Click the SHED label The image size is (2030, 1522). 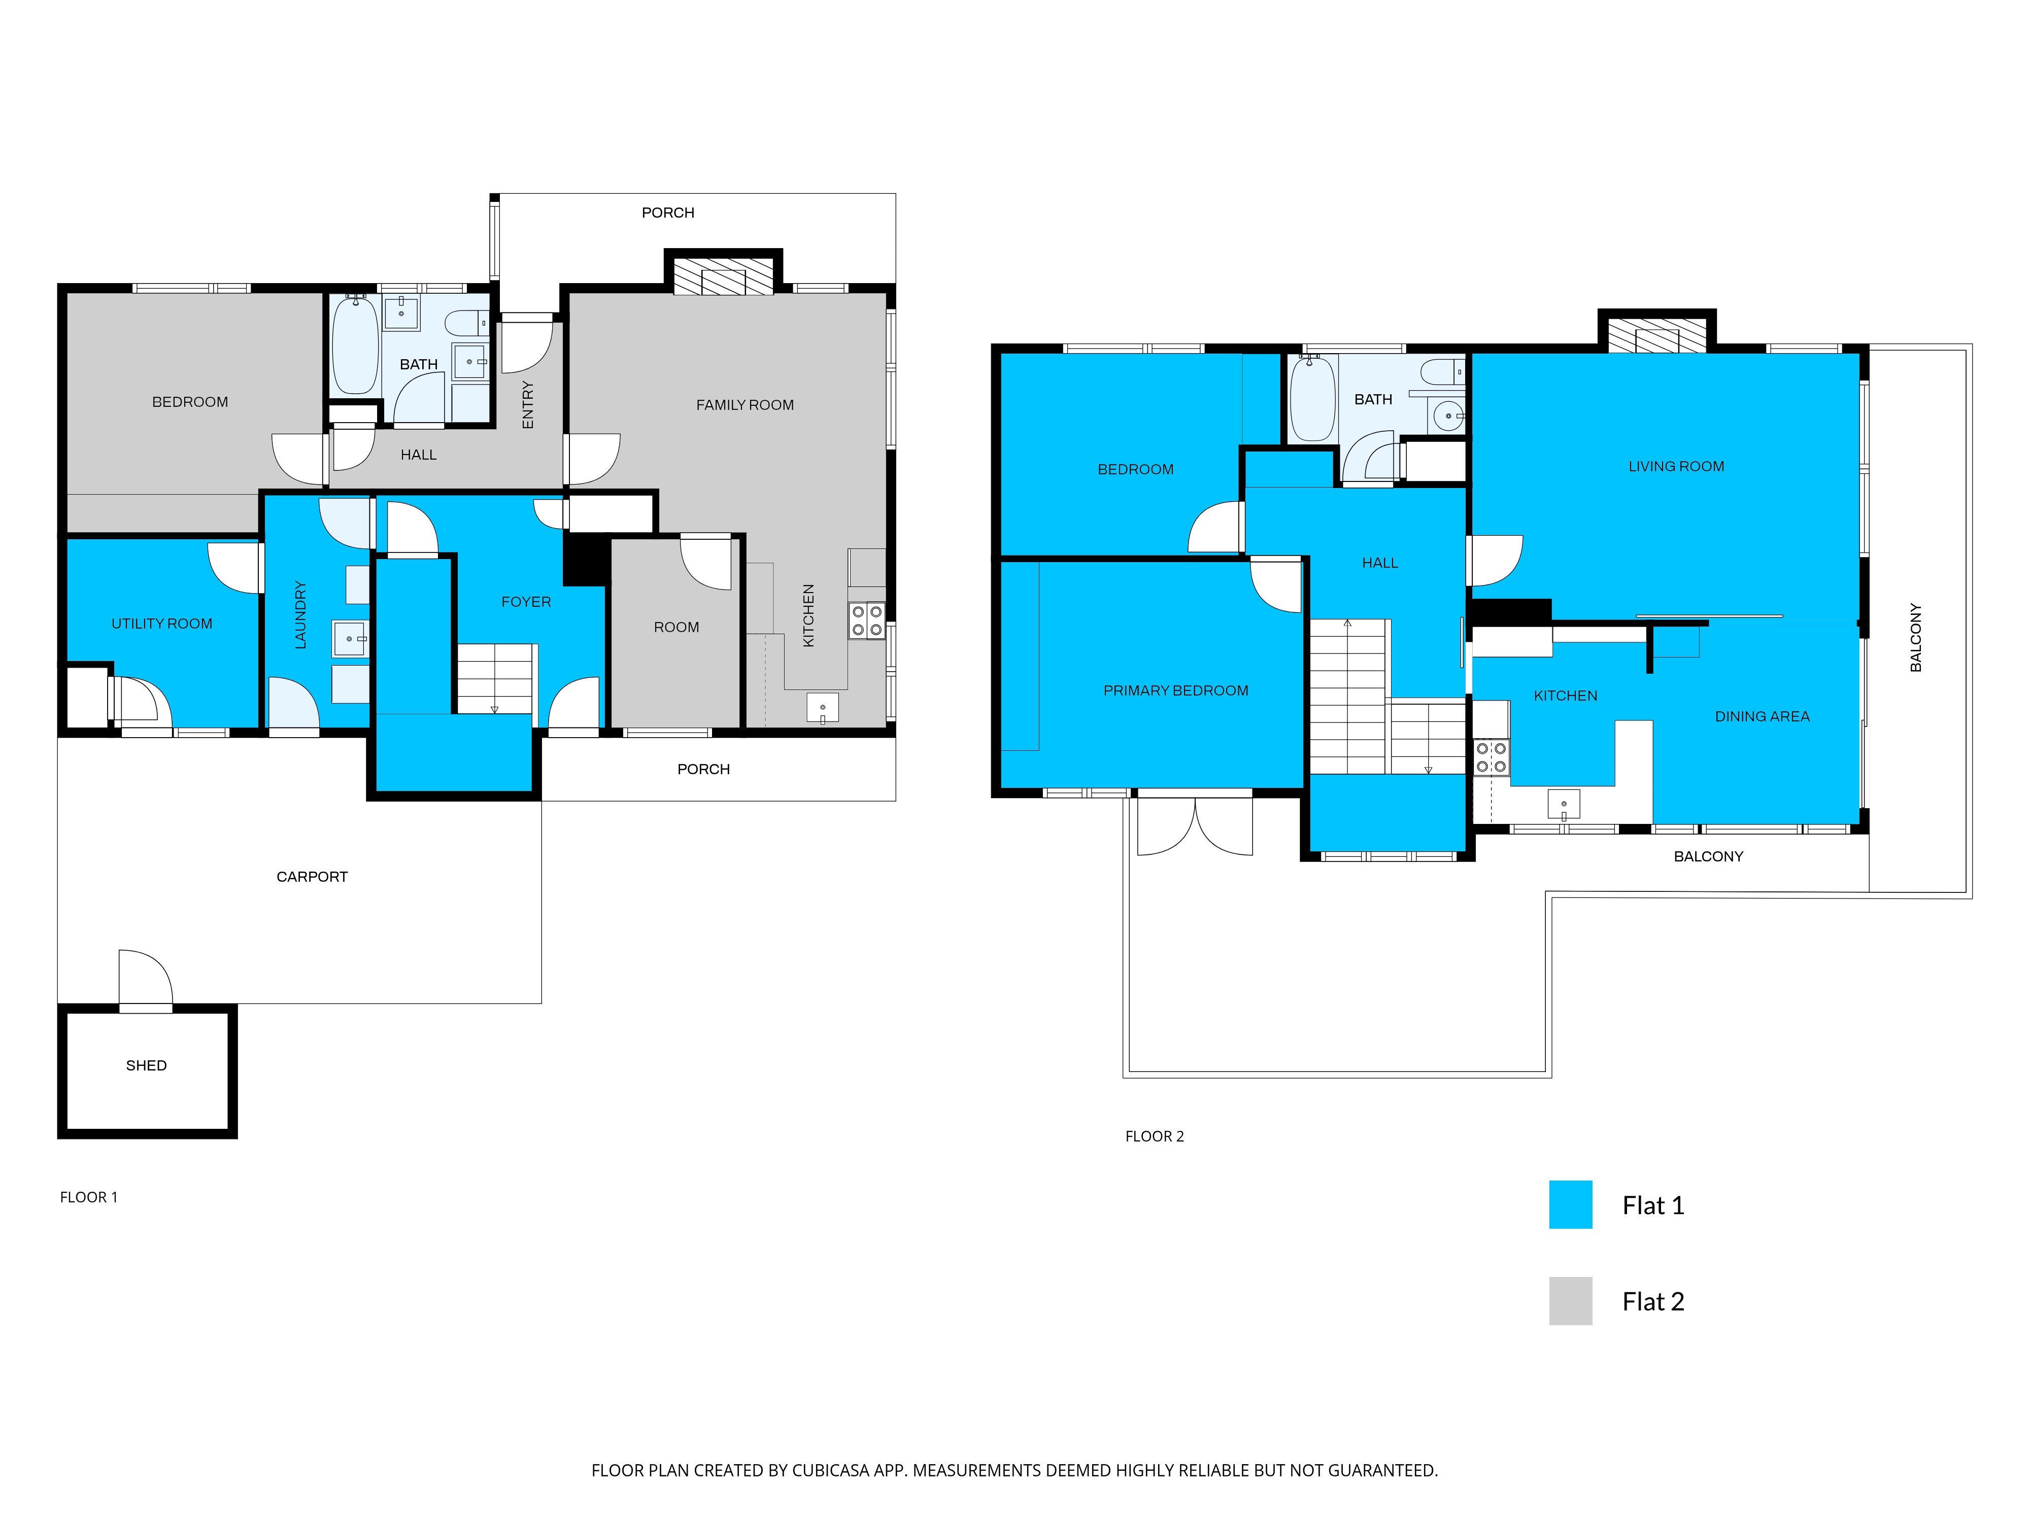pos(146,1065)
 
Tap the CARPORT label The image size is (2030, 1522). pos(312,876)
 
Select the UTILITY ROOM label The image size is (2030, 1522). pos(161,623)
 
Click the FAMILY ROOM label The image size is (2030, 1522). pos(745,404)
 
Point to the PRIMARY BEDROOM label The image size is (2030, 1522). pos(1175,690)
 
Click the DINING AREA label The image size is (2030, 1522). pos(1762,715)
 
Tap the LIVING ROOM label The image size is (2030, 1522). pos(1676,466)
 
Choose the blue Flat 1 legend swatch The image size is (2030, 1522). pos(1570,1204)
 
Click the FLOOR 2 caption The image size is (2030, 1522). pos(1155,1136)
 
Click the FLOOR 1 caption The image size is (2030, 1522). pos(88,1196)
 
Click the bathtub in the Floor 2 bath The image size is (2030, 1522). pos(1312,399)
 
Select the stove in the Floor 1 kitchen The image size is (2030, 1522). pos(866,620)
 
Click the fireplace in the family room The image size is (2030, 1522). pos(723,276)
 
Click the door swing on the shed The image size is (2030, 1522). pos(145,977)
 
